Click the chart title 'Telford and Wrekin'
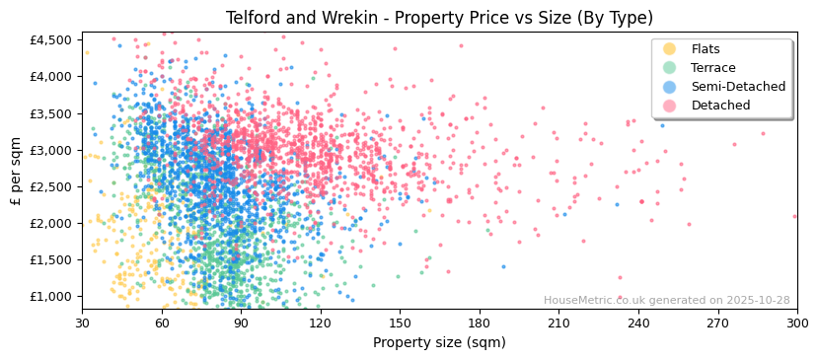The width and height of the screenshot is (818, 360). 439,18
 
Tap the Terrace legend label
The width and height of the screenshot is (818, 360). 713,68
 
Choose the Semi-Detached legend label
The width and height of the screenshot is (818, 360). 738,87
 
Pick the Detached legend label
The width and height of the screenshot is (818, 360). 719,106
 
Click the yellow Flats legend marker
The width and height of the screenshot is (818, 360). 670,49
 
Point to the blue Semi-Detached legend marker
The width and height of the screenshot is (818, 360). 670,87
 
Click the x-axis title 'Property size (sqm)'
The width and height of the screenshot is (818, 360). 439,343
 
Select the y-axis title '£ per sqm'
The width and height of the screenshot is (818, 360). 16,171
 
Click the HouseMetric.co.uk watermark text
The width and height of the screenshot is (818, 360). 666,301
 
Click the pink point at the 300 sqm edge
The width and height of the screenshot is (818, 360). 794,216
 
